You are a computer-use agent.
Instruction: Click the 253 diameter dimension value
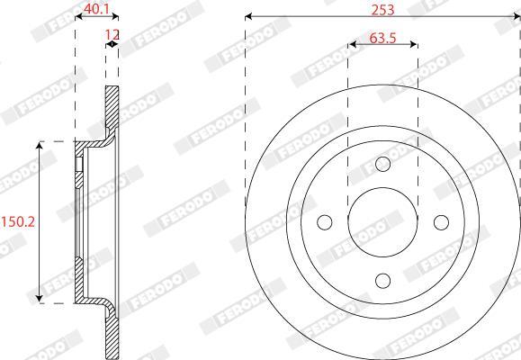coord(382,10)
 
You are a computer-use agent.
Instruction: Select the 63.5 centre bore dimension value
coord(382,38)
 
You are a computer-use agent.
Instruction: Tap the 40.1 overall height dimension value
coord(96,9)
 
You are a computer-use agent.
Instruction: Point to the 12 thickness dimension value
coord(112,34)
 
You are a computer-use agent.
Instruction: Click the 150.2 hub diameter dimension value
coord(18,221)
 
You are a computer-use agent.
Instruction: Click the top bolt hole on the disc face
coord(382,164)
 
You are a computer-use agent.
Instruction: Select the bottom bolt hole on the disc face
coord(382,281)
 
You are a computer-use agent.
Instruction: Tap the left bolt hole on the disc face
coord(324,222)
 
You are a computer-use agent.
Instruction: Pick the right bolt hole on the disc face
coord(441,222)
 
